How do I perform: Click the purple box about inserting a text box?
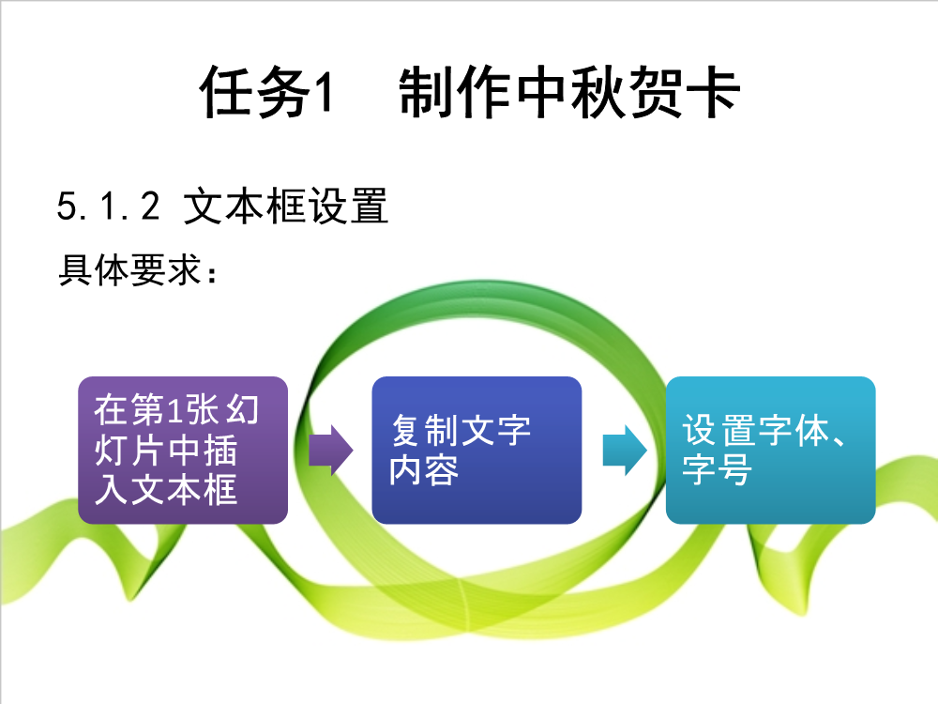(x=183, y=451)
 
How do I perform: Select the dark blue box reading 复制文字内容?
(x=477, y=451)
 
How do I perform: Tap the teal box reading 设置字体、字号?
(x=770, y=451)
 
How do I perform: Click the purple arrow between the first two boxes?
(x=331, y=451)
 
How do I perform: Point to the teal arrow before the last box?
(x=625, y=451)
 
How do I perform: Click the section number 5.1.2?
(x=108, y=206)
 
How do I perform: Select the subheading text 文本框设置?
(x=286, y=206)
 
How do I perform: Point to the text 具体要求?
(x=129, y=270)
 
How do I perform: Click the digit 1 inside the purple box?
(x=174, y=411)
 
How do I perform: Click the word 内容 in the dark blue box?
(x=424, y=470)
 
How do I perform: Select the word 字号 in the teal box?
(x=718, y=470)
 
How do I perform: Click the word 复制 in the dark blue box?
(x=425, y=431)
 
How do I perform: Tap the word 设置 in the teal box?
(x=719, y=430)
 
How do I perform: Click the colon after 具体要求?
(x=212, y=274)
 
